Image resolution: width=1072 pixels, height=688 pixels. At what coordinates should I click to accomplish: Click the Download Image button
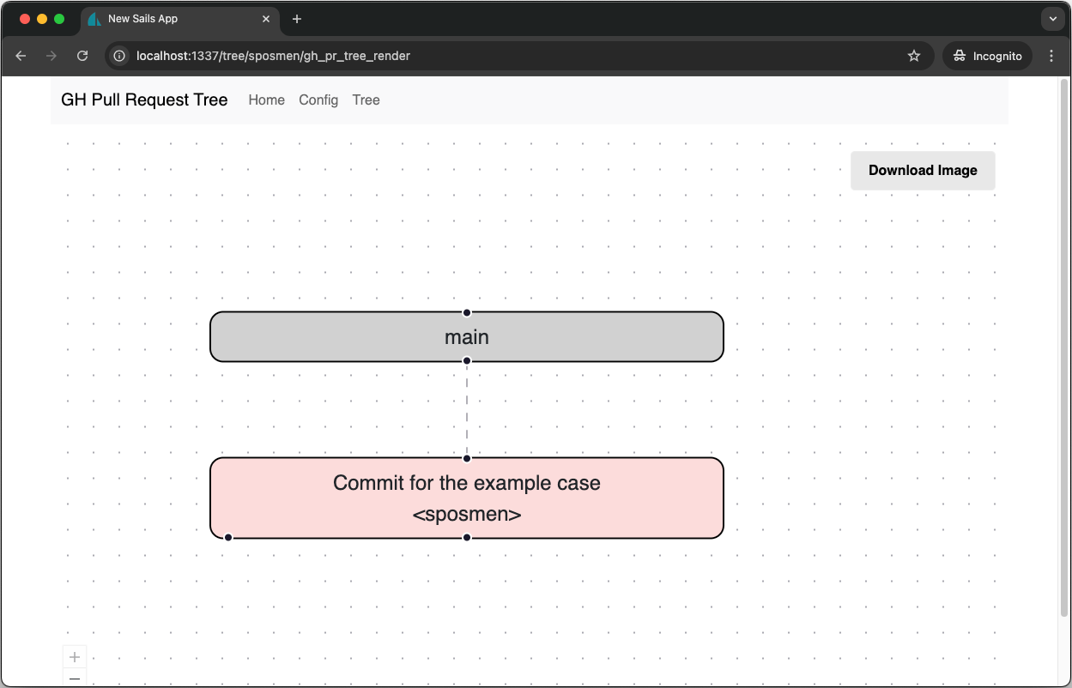[923, 171]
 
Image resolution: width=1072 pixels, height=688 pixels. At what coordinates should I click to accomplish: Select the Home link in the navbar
[267, 100]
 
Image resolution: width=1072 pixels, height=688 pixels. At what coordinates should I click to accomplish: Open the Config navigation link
[318, 100]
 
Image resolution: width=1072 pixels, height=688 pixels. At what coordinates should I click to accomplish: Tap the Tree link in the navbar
[366, 100]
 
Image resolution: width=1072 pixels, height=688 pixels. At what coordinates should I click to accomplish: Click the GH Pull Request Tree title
[144, 100]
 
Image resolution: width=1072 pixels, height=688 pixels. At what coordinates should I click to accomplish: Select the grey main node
[467, 337]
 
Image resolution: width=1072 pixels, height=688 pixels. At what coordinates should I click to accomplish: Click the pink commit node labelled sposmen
[467, 498]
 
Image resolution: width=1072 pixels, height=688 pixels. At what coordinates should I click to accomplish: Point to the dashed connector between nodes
[467, 409]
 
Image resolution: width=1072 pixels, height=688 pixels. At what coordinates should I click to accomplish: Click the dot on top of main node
[467, 313]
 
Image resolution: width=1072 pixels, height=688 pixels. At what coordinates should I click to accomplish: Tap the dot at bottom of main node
[467, 361]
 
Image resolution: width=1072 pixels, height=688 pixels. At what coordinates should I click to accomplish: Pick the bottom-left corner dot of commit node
[228, 537]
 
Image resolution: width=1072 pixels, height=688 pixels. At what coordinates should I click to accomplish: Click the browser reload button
[82, 56]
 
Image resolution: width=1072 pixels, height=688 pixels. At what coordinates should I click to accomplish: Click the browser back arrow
[21, 56]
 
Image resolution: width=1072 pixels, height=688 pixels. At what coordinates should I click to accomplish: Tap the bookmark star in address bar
[913, 56]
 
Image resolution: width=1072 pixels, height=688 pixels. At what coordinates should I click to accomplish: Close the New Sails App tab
[266, 19]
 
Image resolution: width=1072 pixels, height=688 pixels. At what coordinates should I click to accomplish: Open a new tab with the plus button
[297, 19]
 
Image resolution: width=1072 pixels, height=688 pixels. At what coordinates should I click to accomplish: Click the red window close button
[25, 19]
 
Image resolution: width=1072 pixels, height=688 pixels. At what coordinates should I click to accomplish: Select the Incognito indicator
[987, 56]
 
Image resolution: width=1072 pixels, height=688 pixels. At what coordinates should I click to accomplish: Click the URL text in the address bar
[273, 56]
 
